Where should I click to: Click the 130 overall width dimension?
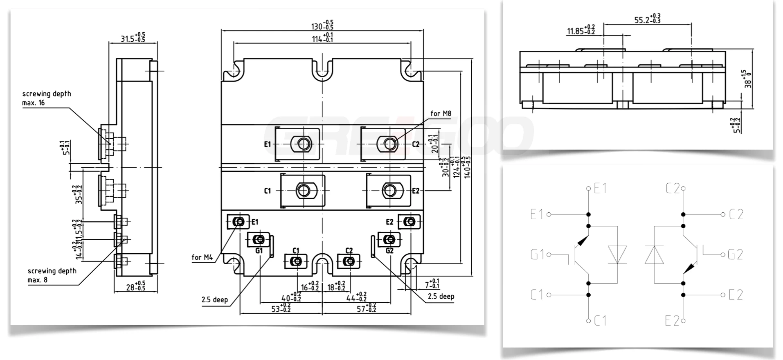point(322,26)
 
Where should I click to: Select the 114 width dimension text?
point(322,38)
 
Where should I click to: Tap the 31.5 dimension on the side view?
point(133,38)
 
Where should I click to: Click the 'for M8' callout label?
point(441,114)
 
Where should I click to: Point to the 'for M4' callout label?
point(202,257)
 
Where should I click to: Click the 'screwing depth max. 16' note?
point(46,98)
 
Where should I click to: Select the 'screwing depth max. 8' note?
point(52,275)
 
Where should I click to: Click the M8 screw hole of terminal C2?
point(390,144)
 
